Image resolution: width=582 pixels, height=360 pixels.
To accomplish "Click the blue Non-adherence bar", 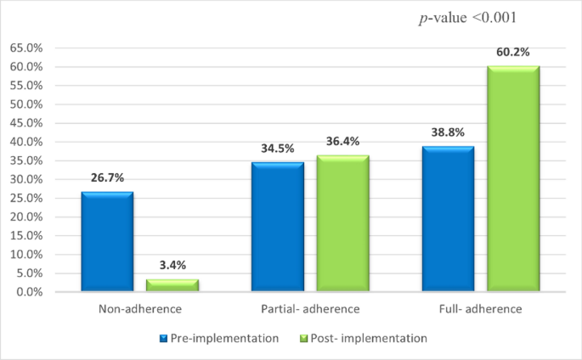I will pos(107,242).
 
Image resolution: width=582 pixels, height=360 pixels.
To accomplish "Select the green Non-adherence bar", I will pos(172,285).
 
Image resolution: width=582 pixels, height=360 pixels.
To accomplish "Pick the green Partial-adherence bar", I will pos(342,223).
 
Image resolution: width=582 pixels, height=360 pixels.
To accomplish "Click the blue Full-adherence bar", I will pos(448,219).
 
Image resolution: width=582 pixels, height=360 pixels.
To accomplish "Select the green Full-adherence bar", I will pos(512,179).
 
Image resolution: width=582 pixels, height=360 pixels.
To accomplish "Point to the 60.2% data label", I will pos(513,53).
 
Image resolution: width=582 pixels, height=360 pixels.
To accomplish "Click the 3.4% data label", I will pos(172,266).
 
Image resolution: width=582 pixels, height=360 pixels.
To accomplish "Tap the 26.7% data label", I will pos(108,178).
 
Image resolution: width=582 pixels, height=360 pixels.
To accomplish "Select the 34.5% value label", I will pos(278,149).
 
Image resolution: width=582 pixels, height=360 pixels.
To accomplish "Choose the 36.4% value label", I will pos(343,142).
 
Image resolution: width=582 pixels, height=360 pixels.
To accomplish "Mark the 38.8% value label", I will pos(448,132).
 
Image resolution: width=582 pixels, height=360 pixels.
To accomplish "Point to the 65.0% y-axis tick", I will pos(28,48).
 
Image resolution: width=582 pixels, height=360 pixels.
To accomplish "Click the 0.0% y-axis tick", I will pos(31,292).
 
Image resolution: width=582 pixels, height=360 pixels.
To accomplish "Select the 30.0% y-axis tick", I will pos(28,179).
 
